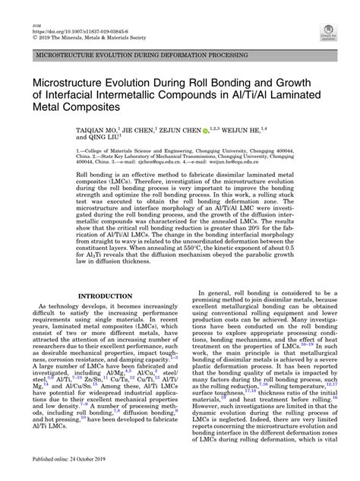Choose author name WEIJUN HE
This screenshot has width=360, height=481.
pyautogui.click(x=284, y=131)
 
